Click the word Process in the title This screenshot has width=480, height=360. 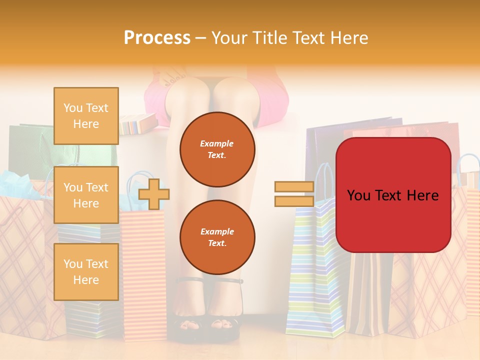(157, 38)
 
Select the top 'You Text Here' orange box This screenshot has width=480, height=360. (86, 116)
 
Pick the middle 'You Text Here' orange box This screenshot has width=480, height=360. (86, 195)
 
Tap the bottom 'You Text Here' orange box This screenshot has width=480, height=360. (86, 271)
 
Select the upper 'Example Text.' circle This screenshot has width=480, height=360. (217, 149)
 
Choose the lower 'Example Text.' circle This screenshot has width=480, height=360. (217, 237)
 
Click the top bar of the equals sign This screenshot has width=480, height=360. (294, 186)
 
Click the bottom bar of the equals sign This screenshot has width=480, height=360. (294, 201)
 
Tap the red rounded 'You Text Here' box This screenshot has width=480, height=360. (393, 195)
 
